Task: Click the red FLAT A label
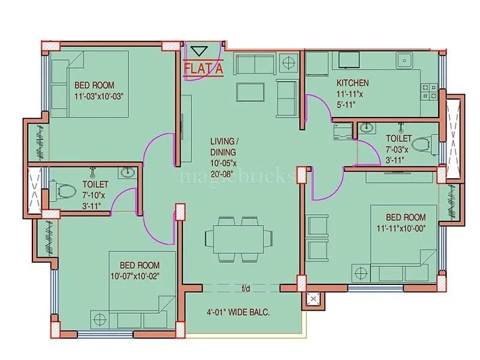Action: click(x=203, y=69)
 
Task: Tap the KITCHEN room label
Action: click(x=353, y=83)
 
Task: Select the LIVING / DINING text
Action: click(x=223, y=146)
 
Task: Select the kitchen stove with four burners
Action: click(x=430, y=91)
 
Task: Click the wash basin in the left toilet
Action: click(x=127, y=173)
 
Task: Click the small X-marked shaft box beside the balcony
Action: click(x=312, y=299)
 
